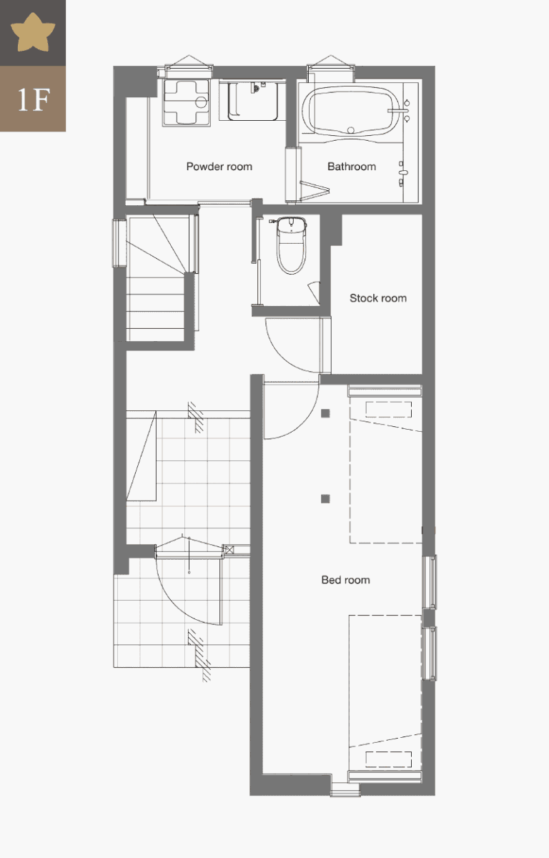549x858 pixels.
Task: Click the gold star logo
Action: [x=33, y=33]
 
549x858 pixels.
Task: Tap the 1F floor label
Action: [x=34, y=100]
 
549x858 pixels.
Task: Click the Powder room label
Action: [x=219, y=167]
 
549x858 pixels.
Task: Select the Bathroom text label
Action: [x=352, y=167]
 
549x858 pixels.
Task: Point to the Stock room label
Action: [x=378, y=298]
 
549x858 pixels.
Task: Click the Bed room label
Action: [x=345, y=580]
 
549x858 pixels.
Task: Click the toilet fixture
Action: [x=292, y=245]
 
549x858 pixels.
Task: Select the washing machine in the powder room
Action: [x=187, y=102]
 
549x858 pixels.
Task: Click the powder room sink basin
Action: [x=253, y=100]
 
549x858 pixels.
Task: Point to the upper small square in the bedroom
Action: [x=325, y=413]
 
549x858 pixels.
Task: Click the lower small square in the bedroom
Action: [x=325, y=499]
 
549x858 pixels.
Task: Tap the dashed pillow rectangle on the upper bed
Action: [x=388, y=410]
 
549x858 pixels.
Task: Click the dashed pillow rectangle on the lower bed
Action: [x=388, y=759]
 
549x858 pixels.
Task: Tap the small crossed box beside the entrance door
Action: [x=229, y=550]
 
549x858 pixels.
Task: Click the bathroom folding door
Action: [x=315, y=190]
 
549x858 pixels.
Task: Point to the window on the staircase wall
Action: [x=119, y=243]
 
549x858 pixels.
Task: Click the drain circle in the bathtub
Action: [x=351, y=130]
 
